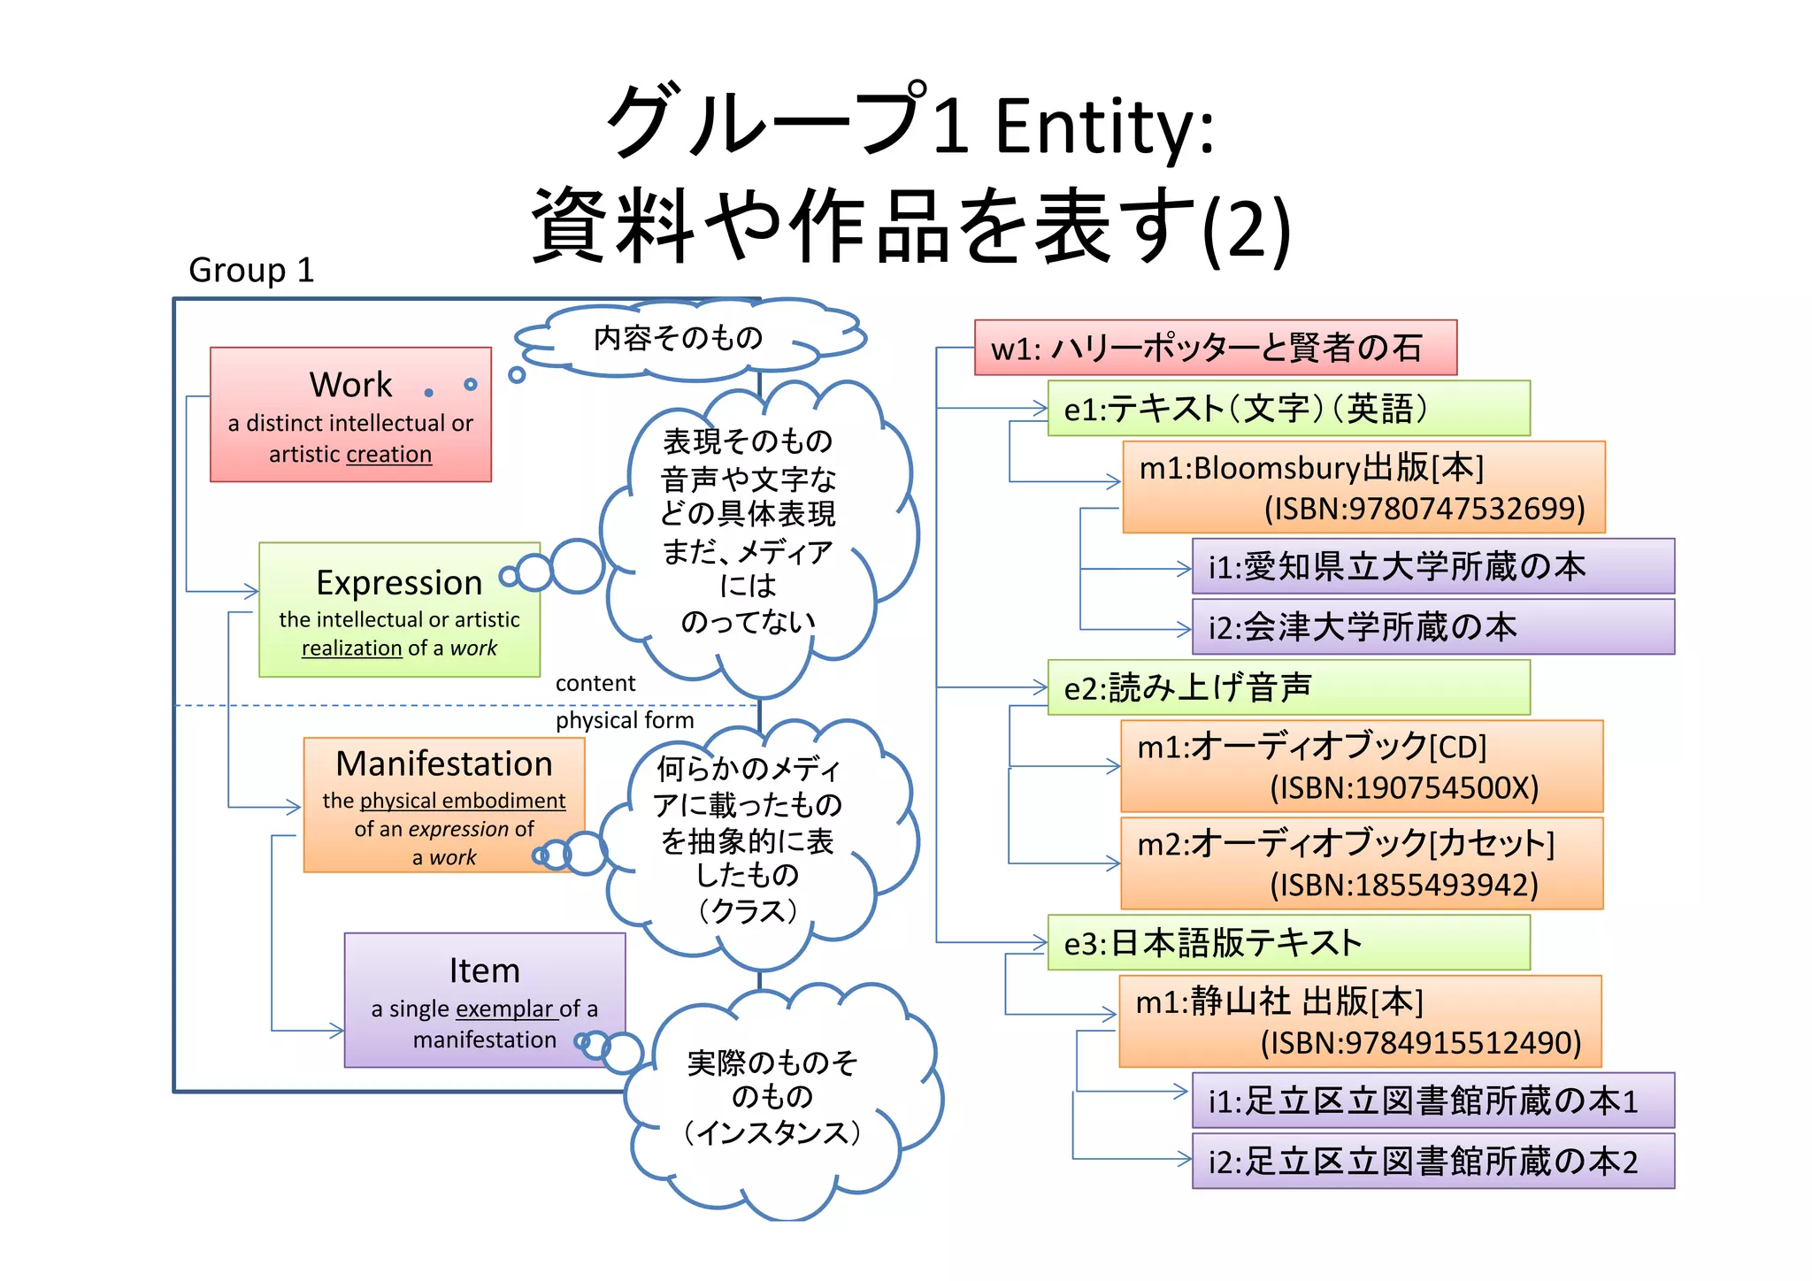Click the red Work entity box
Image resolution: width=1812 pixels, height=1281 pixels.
tap(350, 414)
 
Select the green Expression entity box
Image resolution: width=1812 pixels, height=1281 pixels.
tap(399, 610)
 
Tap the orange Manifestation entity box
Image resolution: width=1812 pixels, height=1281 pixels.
tap(443, 805)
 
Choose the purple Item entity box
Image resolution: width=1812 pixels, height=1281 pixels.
tap(484, 1000)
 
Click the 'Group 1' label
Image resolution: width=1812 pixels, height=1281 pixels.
tap(251, 270)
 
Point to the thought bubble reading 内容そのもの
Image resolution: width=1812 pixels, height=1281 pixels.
tap(678, 338)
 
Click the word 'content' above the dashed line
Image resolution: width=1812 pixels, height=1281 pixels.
tap(595, 683)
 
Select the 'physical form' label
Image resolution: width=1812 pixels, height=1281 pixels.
tap(624, 720)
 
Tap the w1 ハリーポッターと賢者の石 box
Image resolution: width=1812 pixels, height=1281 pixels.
tap(1215, 348)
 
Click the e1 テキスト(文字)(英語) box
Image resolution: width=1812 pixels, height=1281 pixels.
tap(1288, 408)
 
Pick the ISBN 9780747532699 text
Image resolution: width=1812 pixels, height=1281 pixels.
tap(1424, 509)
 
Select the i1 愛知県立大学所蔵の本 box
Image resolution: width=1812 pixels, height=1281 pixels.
tap(1432, 566)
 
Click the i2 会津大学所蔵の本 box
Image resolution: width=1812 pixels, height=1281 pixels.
tap(1432, 627)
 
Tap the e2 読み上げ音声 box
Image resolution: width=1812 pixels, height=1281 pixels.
tap(1288, 687)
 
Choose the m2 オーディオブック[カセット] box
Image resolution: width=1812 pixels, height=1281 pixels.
tap(1361, 863)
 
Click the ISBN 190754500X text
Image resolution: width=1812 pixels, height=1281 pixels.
tap(1404, 787)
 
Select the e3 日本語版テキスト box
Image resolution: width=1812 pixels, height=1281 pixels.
tap(1288, 943)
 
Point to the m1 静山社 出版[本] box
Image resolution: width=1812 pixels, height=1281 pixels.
tap(1360, 1021)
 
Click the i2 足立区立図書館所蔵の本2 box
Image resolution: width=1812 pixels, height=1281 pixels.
tap(1432, 1162)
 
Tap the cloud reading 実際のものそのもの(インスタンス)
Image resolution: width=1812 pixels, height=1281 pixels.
tap(772, 1098)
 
